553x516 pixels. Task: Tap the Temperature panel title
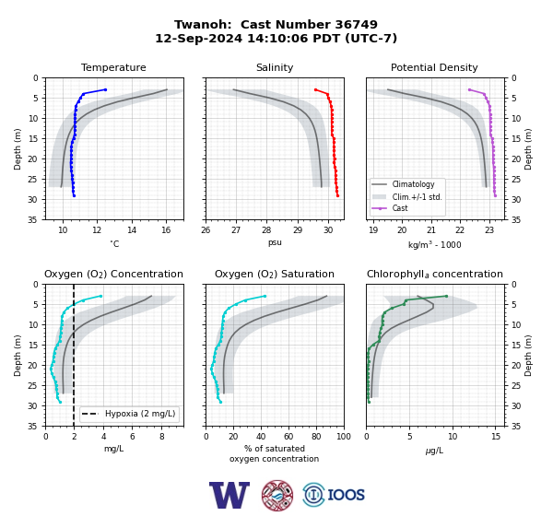click(x=113, y=67)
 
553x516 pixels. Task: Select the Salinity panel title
click(x=275, y=67)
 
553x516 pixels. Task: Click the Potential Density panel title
click(x=434, y=67)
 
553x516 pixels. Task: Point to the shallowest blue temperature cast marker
click(x=105, y=89)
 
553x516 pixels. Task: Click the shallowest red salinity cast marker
click(x=315, y=89)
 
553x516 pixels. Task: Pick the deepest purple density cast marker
click(x=495, y=195)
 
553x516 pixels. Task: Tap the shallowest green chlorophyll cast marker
click(x=446, y=297)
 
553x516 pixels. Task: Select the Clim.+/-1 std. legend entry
click(x=406, y=197)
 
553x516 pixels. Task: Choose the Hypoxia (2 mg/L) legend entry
click(x=128, y=414)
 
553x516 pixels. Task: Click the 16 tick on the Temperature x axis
click(x=166, y=230)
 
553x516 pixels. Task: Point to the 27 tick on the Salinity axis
click(x=236, y=230)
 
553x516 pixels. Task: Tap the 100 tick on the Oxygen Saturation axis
click(x=344, y=437)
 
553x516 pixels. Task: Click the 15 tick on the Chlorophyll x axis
click(x=496, y=437)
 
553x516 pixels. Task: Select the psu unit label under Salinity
click(x=275, y=242)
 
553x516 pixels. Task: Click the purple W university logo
click(x=229, y=495)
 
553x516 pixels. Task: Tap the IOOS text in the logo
click(x=346, y=495)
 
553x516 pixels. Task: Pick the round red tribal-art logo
click(x=277, y=495)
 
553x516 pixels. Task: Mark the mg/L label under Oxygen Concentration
click(x=113, y=449)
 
